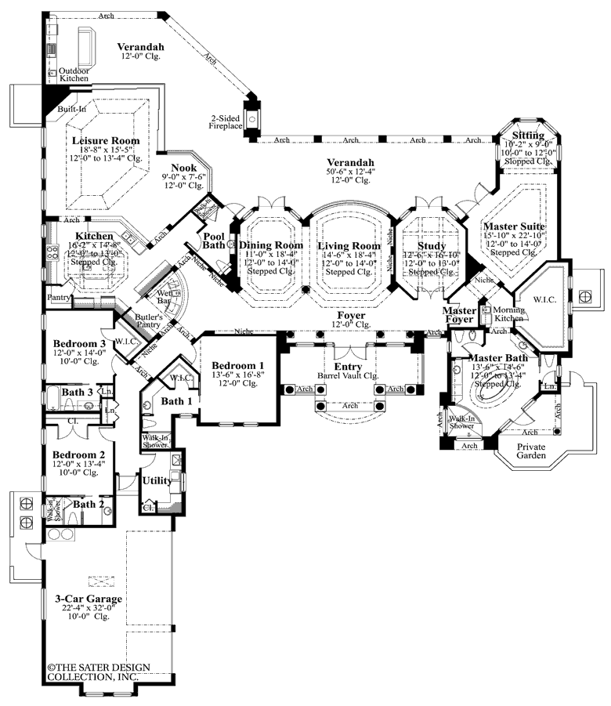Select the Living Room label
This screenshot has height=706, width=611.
[349, 245]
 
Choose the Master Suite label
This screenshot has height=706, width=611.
[514, 226]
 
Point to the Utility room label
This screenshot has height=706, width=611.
[157, 480]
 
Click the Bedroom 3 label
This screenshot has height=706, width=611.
[79, 344]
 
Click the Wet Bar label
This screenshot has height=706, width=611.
[164, 295]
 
